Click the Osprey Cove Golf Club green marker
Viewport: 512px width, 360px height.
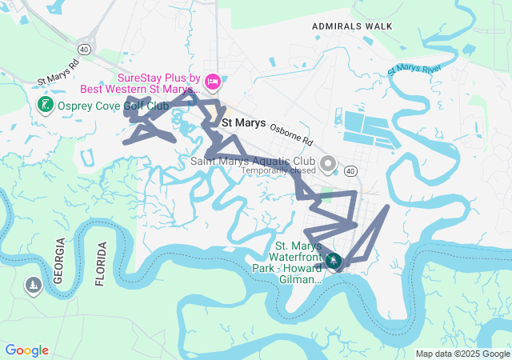pos(45,105)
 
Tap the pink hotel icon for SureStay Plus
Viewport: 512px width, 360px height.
pos(212,81)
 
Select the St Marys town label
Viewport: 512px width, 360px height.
pos(243,123)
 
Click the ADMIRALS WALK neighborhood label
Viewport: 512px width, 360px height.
pos(352,26)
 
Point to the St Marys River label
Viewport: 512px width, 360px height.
pos(414,70)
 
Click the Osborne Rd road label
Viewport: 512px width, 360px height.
pos(291,133)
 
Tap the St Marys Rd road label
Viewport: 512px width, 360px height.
pos(58,73)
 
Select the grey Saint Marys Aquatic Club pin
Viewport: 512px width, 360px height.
pos(327,165)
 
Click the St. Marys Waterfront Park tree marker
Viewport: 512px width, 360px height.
pos(334,260)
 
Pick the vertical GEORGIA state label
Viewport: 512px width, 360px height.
pos(59,261)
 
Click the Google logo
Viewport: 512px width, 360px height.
pos(26,350)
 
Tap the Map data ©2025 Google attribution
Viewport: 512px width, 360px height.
pos(462,354)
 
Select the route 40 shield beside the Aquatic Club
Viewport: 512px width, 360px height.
pos(350,170)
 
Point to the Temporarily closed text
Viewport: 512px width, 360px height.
pos(278,170)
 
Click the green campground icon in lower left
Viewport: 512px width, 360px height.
pos(33,285)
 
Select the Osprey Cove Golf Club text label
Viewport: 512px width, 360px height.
pos(111,106)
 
